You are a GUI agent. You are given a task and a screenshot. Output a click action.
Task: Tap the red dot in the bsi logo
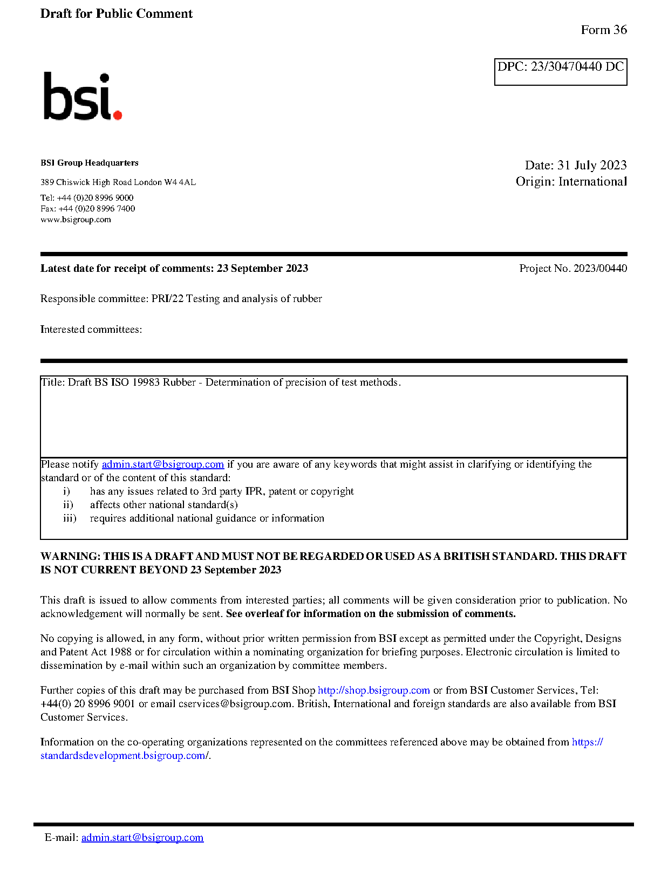pyautogui.click(x=117, y=114)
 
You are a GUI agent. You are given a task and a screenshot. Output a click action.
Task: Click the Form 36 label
pyautogui.click(x=603, y=30)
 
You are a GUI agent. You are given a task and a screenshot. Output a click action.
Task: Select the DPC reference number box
pyautogui.click(x=560, y=71)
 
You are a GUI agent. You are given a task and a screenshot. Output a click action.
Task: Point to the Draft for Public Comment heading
pyautogui.click(x=116, y=14)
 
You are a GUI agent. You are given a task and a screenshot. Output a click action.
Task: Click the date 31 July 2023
pyautogui.click(x=591, y=165)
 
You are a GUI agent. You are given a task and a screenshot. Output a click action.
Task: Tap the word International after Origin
pyautogui.click(x=592, y=182)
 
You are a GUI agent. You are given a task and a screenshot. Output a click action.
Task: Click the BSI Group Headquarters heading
pyautogui.click(x=89, y=163)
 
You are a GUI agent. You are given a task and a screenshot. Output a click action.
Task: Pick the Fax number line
pyautogui.click(x=87, y=209)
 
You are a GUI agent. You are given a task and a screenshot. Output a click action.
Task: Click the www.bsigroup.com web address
pyautogui.click(x=76, y=220)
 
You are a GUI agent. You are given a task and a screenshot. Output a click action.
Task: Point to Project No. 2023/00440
pyautogui.click(x=572, y=269)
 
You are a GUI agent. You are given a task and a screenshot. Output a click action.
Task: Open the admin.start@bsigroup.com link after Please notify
pyautogui.click(x=162, y=464)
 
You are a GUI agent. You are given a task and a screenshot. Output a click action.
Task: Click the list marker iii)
pyautogui.click(x=70, y=518)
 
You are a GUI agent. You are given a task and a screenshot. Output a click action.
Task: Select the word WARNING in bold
pyautogui.click(x=70, y=557)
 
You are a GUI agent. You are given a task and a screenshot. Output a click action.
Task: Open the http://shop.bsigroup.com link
pyautogui.click(x=373, y=690)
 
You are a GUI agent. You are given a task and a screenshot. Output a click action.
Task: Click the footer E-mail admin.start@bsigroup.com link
pyautogui.click(x=142, y=838)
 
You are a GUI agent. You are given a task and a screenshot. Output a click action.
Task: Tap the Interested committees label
pyautogui.click(x=91, y=330)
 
